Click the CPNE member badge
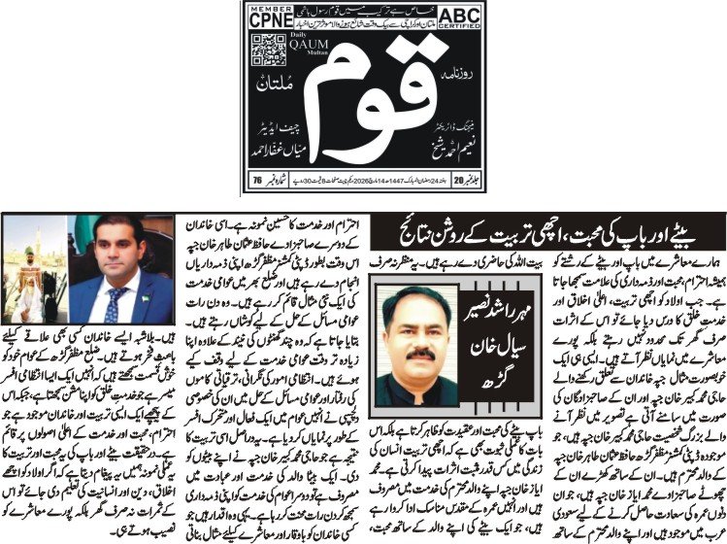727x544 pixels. coord(269,17)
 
